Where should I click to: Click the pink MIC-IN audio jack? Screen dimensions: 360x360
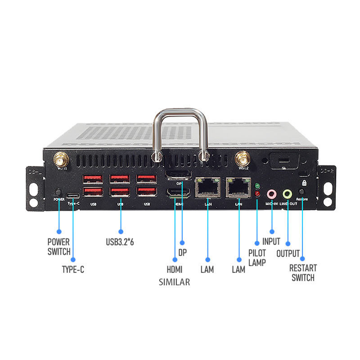point(271,194)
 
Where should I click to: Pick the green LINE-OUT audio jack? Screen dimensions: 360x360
point(287,194)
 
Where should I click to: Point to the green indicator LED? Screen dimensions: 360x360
point(257,186)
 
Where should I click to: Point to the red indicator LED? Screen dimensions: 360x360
point(257,194)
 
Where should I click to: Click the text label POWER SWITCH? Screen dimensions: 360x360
point(59,247)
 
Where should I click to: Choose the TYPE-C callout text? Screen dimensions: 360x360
point(73,270)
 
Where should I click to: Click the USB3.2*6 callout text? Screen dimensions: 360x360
point(120,242)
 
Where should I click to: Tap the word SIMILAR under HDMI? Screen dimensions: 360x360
point(174,282)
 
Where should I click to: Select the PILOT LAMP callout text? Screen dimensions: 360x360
point(257,257)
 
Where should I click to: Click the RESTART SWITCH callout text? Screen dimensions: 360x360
point(303,273)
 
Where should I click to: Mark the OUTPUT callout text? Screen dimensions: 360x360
point(288,253)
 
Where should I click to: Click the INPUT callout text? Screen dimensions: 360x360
point(271,242)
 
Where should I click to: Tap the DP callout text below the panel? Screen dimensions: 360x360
point(182,253)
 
